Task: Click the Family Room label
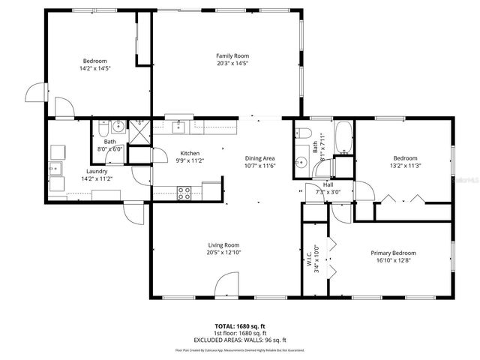[232, 55]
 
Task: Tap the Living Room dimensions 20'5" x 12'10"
[223, 252]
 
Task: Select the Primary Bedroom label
[393, 253]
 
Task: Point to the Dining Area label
[259, 158]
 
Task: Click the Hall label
[328, 184]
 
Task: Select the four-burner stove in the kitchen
[184, 191]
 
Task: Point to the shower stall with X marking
[139, 135]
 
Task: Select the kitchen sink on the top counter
[178, 126]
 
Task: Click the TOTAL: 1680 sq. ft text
[239, 327]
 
